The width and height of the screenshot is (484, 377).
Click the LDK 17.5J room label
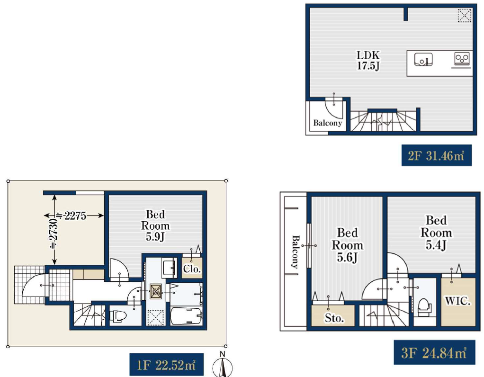tap(368, 60)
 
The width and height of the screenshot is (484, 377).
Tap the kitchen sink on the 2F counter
tap(423, 59)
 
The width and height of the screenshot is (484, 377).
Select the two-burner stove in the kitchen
tap(462, 58)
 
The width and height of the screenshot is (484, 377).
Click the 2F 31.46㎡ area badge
tap(437, 155)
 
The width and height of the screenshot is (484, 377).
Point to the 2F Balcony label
tap(328, 123)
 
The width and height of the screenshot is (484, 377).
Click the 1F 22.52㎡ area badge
tap(166, 365)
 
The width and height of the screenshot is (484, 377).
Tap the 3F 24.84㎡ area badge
tap(434, 352)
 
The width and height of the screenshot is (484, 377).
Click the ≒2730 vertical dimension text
tap(54, 233)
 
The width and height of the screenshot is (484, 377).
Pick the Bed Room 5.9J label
tap(155, 225)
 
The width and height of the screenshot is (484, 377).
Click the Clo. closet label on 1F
tap(192, 269)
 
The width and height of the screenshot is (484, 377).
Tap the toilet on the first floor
tap(118, 316)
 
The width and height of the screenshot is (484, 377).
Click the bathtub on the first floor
tap(186, 316)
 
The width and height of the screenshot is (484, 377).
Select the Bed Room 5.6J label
tap(347, 245)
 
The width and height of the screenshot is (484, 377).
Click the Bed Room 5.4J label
tap(436, 233)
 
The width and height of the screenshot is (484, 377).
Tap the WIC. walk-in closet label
tap(458, 300)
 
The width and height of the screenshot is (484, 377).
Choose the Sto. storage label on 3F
tap(334, 318)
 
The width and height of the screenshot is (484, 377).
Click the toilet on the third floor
tap(424, 306)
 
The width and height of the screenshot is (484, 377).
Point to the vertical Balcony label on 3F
tap(296, 251)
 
